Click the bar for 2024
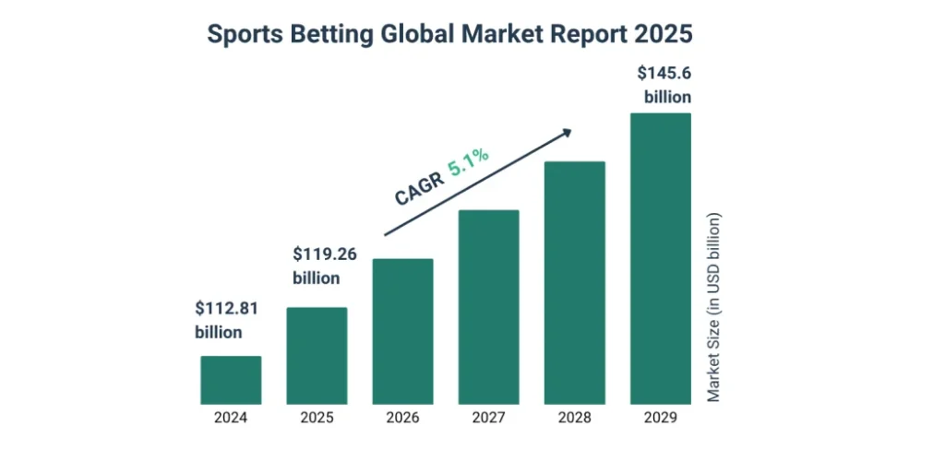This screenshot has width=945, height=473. [231, 380]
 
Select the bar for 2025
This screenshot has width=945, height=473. [317, 356]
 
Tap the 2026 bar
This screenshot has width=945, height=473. [402, 331]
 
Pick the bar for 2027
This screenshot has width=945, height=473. [488, 307]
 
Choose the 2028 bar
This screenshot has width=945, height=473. [574, 283]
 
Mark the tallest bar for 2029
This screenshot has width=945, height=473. [660, 258]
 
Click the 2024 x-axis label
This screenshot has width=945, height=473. [231, 418]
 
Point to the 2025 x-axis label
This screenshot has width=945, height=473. [317, 418]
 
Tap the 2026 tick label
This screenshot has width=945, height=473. [402, 418]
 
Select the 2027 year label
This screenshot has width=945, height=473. [488, 418]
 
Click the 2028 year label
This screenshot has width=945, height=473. [574, 418]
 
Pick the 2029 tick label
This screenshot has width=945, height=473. [660, 418]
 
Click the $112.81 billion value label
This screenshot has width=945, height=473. [225, 320]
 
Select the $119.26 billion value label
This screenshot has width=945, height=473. [324, 266]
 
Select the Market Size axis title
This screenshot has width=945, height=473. [714, 308]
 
